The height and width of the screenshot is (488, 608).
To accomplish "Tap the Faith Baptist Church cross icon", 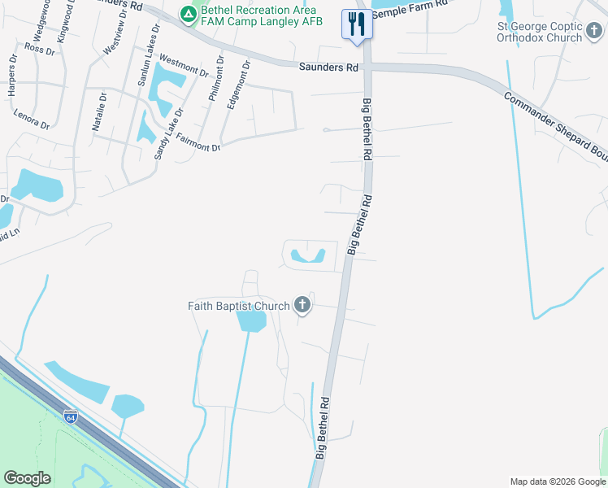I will pyautogui.click(x=302, y=306).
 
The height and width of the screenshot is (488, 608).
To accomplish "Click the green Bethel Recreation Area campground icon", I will pyautogui.click(x=189, y=14).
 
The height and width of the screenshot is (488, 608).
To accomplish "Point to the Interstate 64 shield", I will pyautogui.click(x=72, y=417).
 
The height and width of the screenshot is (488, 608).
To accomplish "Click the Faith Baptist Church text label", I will pyautogui.click(x=238, y=306).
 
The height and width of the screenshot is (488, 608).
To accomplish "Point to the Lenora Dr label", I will pyautogui.click(x=32, y=120).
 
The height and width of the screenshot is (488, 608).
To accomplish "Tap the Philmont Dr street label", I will pyautogui.click(x=215, y=80).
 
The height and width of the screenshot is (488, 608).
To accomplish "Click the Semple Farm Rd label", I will pyautogui.click(x=410, y=7).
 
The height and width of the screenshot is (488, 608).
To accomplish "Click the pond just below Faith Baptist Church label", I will pyautogui.click(x=250, y=322).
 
